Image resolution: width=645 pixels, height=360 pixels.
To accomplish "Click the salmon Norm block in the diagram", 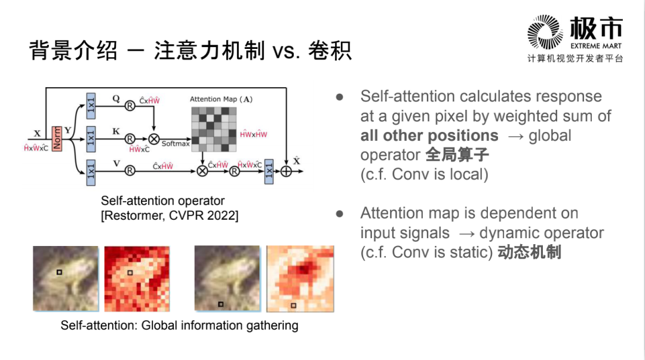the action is (57, 139).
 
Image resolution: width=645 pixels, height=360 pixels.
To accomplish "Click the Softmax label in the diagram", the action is (175, 144).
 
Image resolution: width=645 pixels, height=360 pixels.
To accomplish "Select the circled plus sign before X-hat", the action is (286, 171).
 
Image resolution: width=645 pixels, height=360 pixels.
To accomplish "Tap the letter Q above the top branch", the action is (116, 99).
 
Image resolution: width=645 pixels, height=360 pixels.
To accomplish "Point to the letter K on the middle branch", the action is (116, 128).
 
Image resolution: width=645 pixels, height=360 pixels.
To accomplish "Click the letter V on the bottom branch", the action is (116, 162).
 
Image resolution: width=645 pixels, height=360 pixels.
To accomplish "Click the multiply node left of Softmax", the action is (154, 139).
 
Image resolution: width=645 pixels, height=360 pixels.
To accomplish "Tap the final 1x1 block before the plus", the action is (269, 171).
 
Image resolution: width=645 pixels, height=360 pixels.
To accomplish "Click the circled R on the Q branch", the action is (130, 106).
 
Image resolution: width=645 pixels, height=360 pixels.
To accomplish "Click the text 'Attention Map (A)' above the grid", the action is (221, 99).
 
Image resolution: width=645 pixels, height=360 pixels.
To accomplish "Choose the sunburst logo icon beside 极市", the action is (545, 33).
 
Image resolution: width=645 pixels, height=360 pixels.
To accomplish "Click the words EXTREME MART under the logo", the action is (595, 46).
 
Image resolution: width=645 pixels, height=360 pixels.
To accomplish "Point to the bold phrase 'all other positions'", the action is (429, 136).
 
